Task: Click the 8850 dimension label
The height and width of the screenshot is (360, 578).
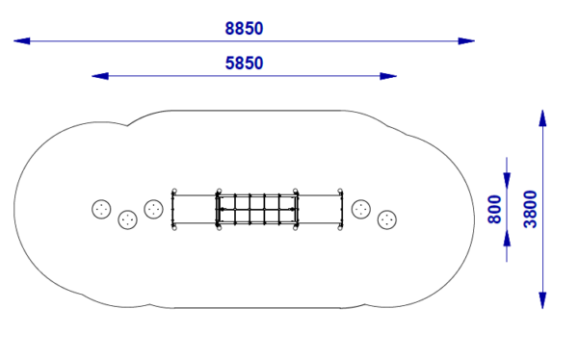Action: (x=244, y=29)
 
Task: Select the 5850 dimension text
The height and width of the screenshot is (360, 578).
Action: (x=244, y=64)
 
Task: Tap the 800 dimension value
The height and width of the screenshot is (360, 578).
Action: (x=494, y=209)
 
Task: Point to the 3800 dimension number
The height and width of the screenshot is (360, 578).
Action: (x=530, y=209)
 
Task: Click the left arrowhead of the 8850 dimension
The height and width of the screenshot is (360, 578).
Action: (x=22, y=40)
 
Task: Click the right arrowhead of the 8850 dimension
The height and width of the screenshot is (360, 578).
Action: (x=466, y=40)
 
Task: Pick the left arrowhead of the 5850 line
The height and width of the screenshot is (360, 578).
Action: (x=100, y=76)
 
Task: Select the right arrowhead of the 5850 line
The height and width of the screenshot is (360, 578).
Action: (x=388, y=76)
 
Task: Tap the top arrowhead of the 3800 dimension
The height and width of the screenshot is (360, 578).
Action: (x=542, y=117)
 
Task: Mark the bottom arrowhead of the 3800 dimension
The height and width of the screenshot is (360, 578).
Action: (x=542, y=300)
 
